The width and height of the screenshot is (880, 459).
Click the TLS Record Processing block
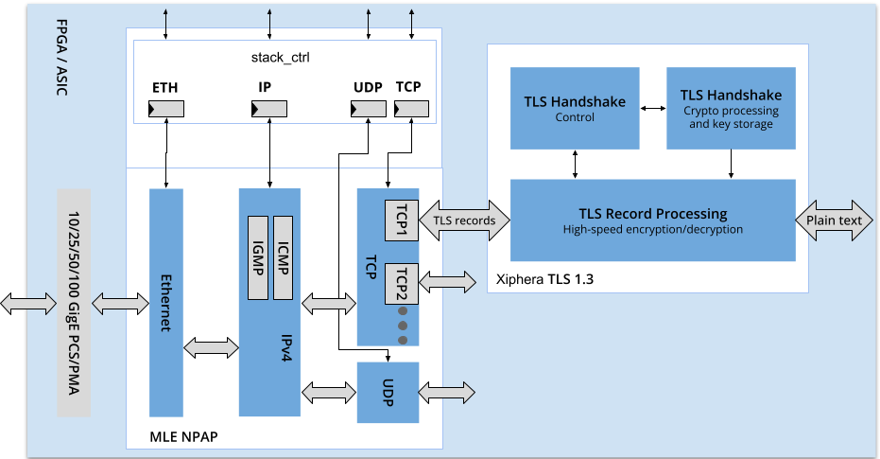click(x=652, y=220)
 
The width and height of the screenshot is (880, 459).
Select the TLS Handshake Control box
click(x=574, y=108)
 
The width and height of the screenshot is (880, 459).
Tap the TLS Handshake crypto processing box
click(x=731, y=108)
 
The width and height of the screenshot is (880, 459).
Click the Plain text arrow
click(x=834, y=221)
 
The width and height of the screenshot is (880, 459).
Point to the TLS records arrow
click(x=463, y=221)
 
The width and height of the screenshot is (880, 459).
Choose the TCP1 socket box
click(x=401, y=220)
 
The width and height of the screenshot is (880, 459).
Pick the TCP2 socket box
click(x=401, y=282)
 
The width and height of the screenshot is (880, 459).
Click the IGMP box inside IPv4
click(x=257, y=256)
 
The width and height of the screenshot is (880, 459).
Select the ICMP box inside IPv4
click(x=283, y=256)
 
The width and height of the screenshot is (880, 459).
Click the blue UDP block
click(x=388, y=392)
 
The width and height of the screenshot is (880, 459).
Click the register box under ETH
click(x=166, y=110)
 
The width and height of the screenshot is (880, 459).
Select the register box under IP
click(x=268, y=110)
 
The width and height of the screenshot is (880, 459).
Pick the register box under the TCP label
click(x=410, y=110)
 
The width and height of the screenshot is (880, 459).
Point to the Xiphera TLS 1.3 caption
click(x=545, y=279)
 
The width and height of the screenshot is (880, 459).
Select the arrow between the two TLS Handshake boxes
click(x=652, y=108)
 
